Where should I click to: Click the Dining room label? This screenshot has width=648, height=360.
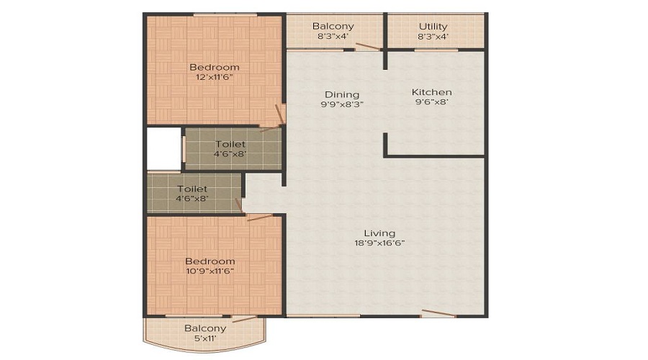pyautogui.click(x=341, y=94)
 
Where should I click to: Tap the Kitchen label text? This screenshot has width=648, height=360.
pyautogui.click(x=432, y=92)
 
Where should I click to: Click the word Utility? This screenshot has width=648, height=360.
pyautogui.click(x=433, y=27)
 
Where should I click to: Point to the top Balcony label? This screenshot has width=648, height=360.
pyautogui.click(x=333, y=27)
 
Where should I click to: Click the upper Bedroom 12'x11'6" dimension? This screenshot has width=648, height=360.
pyautogui.click(x=214, y=77)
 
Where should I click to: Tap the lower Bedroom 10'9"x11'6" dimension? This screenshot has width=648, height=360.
pyautogui.click(x=210, y=271)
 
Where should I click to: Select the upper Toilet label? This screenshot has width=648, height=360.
pyautogui.click(x=230, y=144)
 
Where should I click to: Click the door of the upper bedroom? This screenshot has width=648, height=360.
pyautogui.click(x=279, y=115)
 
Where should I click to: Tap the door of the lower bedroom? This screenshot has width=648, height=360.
pyautogui.click(x=258, y=217)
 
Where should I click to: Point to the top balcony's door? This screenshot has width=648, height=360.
pyautogui.click(x=367, y=47)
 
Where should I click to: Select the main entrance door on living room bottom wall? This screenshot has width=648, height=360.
pyautogui.click(x=438, y=313)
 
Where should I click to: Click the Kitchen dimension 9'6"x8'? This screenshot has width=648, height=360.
pyautogui.click(x=432, y=102)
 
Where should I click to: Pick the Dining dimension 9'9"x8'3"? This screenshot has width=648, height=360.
pyautogui.click(x=341, y=104)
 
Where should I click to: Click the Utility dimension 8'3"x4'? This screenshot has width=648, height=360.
pyautogui.click(x=433, y=37)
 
